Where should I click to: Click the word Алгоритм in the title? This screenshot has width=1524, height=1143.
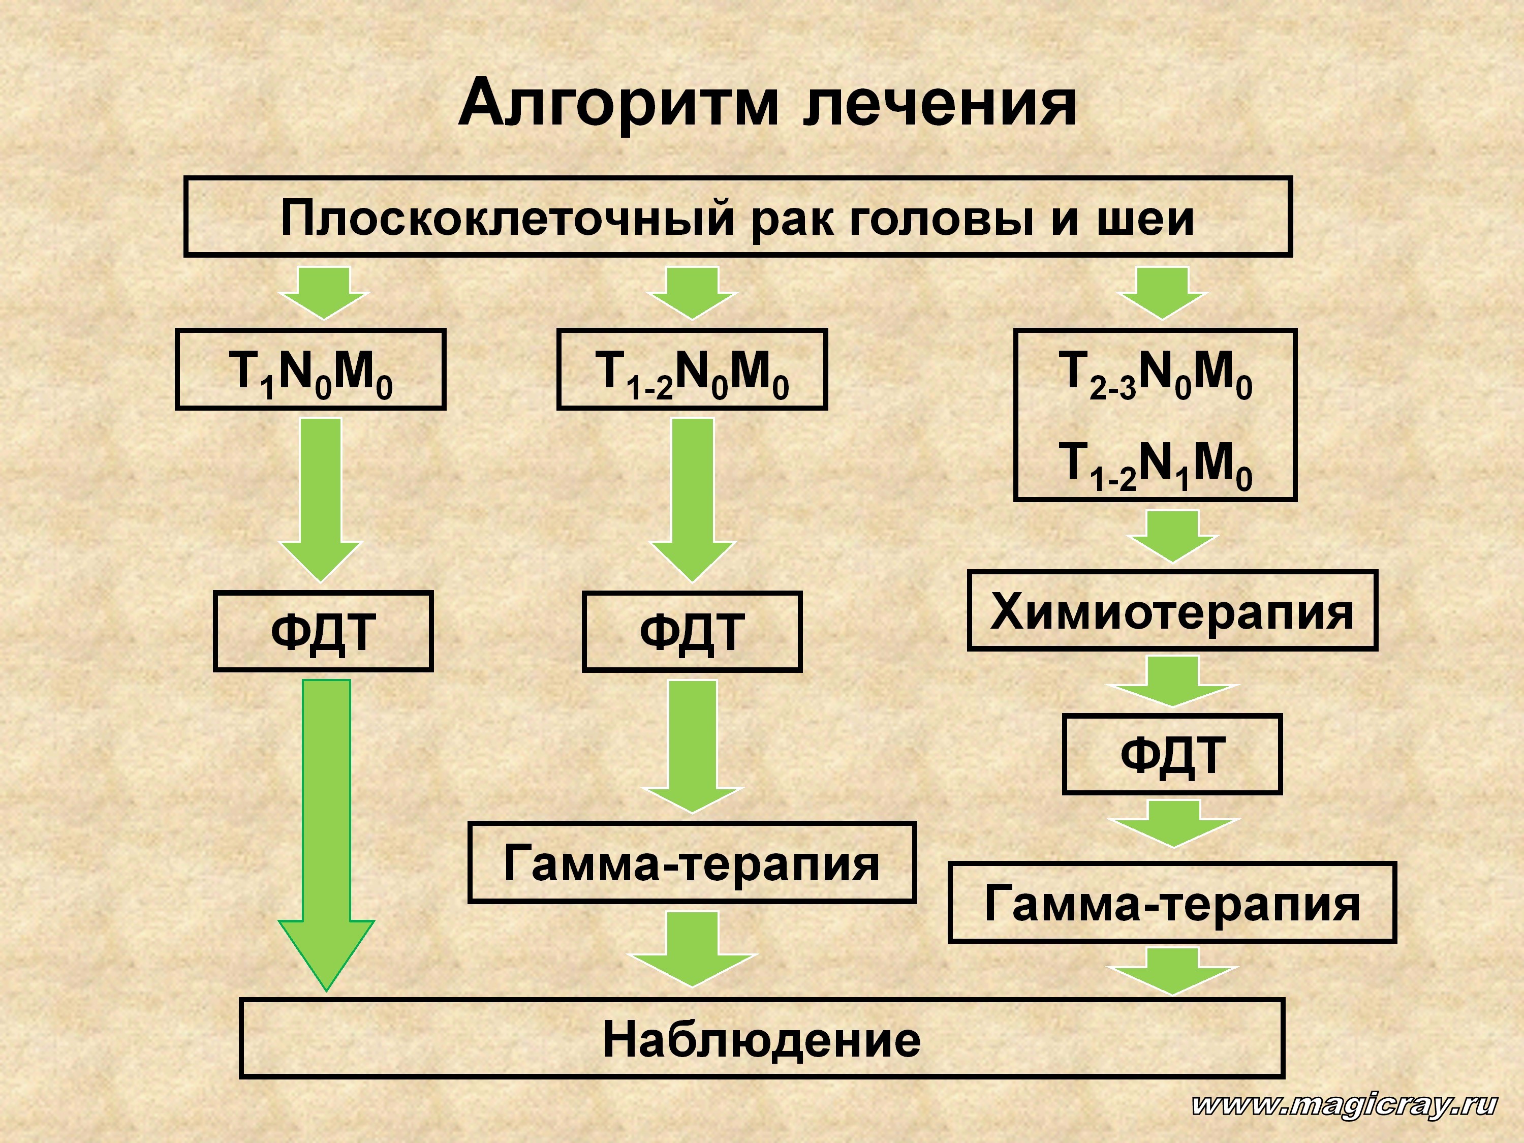coord(618,103)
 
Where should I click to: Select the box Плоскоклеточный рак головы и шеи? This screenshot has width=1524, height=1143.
coord(737,217)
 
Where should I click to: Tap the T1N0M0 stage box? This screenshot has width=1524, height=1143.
coord(310,370)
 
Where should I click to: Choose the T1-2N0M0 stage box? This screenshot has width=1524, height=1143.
coord(692,370)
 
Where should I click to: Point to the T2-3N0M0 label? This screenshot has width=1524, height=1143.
coord(1156,374)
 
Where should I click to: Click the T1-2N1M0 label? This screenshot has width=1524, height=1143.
coord(1156,466)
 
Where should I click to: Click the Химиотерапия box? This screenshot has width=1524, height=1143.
coord(1172,610)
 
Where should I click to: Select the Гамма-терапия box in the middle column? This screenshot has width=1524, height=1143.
coord(692,862)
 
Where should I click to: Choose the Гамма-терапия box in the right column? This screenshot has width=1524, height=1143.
coord(1172,902)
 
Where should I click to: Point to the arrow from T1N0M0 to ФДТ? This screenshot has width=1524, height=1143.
coord(321,500)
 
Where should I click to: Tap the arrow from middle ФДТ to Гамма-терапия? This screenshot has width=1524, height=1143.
coord(693,746)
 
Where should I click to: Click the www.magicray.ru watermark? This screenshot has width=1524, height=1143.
coord(1344,1105)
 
